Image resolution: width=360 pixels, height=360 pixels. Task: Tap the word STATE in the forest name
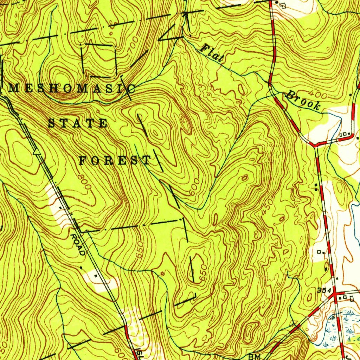[77, 123]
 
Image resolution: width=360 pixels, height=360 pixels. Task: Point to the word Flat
[211, 53]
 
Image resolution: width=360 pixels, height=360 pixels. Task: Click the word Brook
[303, 100]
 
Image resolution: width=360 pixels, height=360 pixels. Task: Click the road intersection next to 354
[334, 292]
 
